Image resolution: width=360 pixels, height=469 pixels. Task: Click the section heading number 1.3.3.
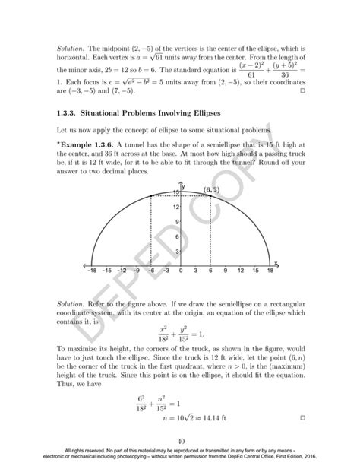(69, 113)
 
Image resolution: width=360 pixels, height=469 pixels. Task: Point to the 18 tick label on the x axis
(270, 269)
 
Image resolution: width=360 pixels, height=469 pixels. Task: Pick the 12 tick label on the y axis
(175, 208)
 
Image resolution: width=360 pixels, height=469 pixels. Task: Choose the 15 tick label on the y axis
(175, 193)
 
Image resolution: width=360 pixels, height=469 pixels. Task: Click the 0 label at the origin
(181, 269)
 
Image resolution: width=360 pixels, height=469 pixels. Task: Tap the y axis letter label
(184, 185)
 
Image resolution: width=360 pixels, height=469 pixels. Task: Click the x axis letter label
(276, 262)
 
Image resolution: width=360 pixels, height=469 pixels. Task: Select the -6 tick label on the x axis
(150, 269)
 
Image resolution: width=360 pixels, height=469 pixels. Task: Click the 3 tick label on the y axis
(176, 252)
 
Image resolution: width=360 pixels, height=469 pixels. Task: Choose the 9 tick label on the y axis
(176, 222)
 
